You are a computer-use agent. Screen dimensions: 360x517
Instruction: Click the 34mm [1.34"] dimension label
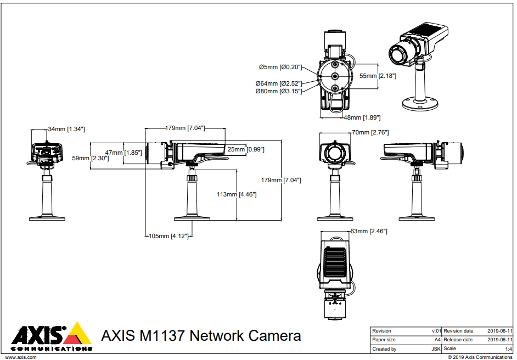[66, 129]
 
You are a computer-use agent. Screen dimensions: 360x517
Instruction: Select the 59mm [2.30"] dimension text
[90, 158]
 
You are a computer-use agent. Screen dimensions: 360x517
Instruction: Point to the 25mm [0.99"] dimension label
[246, 149]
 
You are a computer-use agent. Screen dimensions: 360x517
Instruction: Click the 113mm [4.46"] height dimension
[237, 194]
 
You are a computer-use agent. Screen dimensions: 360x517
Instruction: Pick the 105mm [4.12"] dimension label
[168, 236]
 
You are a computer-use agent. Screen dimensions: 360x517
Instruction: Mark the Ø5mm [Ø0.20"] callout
[280, 67]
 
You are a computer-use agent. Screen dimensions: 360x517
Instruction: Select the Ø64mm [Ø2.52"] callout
[279, 83]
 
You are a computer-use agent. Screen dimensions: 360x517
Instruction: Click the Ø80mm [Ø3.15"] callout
[279, 92]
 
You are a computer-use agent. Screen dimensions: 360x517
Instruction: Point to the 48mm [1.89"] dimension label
[362, 117]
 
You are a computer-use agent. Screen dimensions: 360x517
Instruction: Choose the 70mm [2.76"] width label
[370, 132]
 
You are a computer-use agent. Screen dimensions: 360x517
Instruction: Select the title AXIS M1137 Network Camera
[201, 335]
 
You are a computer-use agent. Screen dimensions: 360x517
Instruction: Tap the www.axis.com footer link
[21, 357]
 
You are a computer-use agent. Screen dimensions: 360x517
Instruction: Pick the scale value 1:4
[508, 348]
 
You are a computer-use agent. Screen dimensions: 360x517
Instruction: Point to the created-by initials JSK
[436, 348]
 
